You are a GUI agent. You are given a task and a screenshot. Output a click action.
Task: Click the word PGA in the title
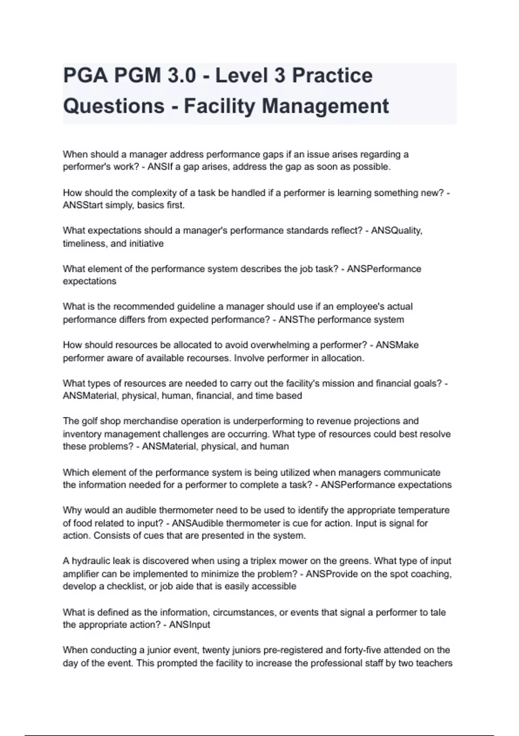click(85, 75)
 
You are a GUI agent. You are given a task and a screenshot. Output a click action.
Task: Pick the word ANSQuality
click(396, 230)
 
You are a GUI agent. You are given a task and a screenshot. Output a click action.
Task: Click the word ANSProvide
click(332, 574)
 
